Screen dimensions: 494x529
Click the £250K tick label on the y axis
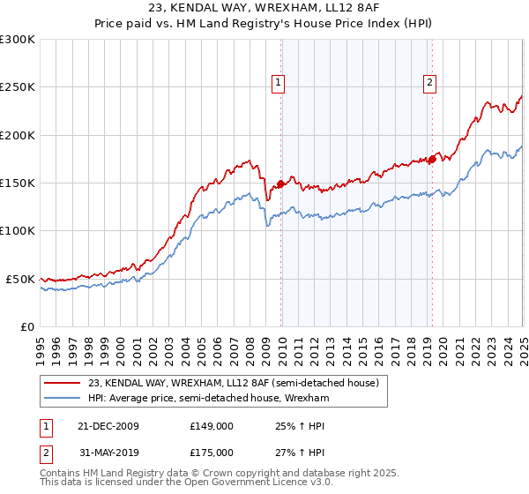click(x=18, y=87)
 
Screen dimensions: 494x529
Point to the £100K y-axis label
click(x=18, y=230)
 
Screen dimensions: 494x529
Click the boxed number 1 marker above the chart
click(x=278, y=83)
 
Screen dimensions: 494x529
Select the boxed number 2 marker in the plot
click(x=429, y=83)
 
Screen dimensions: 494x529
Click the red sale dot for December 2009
click(x=281, y=183)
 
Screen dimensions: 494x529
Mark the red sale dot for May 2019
click(x=433, y=159)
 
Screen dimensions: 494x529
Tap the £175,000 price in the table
click(x=211, y=453)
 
